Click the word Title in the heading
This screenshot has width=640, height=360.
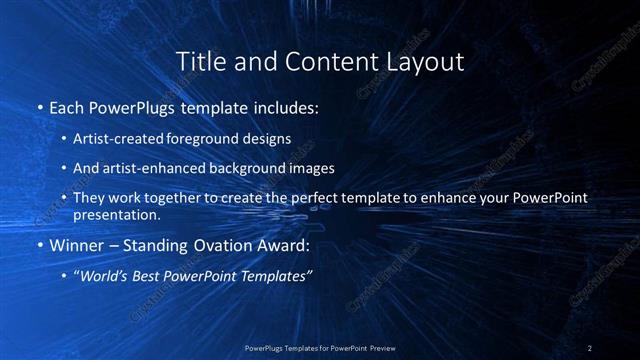pos(199,62)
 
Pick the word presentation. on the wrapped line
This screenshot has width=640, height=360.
pos(116,214)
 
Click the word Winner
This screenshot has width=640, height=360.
pos(78,244)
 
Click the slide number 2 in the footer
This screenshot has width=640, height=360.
pos(590,348)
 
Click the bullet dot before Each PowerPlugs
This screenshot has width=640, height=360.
pos(39,106)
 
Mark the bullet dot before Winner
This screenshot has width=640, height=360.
pos(39,244)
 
